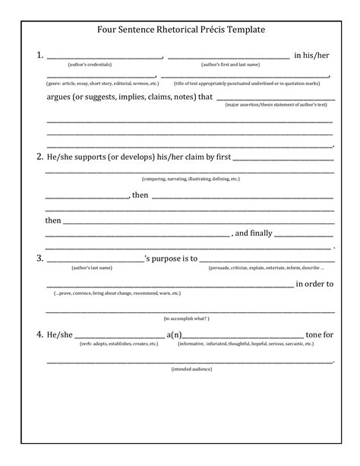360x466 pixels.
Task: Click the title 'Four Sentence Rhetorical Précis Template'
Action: (x=180, y=30)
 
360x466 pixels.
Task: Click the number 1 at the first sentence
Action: (x=39, y=55)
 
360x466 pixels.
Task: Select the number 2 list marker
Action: (x=39, y=157)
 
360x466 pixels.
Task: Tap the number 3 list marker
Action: (x=39, y=258)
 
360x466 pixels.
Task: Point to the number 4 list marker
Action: (x=39, y=334)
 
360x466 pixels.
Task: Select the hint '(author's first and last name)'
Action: (x=230, y=65)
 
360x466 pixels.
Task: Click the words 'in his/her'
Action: (x=314, y=56)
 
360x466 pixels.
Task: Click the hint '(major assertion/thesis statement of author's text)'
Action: (x=276, y=104)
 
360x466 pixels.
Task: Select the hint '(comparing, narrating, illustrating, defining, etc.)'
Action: (x=191, y=179)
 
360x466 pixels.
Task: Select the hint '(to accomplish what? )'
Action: (x=187, y=318)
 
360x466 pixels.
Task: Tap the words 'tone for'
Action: (x=319, y=334)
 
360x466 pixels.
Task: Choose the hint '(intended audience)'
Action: (x=191, y=369)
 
